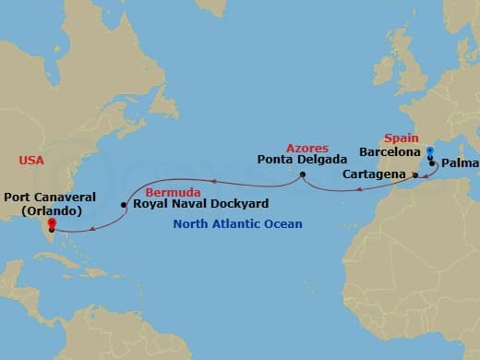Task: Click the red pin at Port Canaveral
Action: tap(52, 222)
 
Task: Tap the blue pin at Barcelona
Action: tap(429, 150)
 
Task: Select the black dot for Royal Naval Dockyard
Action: tap(125, 204)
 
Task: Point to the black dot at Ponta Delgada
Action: tap(303, 174)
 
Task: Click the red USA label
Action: tap(30, 161)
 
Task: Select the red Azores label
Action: tap(306, 148)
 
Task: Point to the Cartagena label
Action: tap(373, 174)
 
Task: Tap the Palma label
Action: tap(460, 166)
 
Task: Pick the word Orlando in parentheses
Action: tap(52, 210)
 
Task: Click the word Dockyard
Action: tap(237, 204)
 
